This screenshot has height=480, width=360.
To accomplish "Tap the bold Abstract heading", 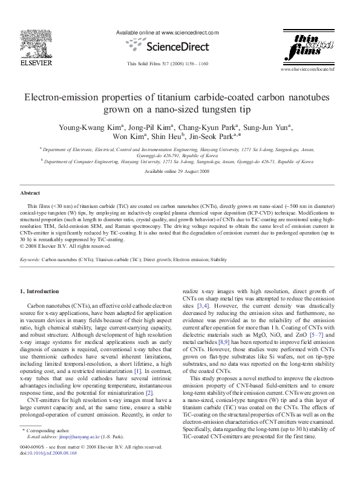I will pyautogui.click(x=30, y=193).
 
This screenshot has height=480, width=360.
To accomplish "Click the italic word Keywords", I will pyautogui.click(x=30, y=258).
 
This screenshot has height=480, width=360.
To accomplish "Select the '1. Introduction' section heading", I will pyautogui.click(x=40, y=291).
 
